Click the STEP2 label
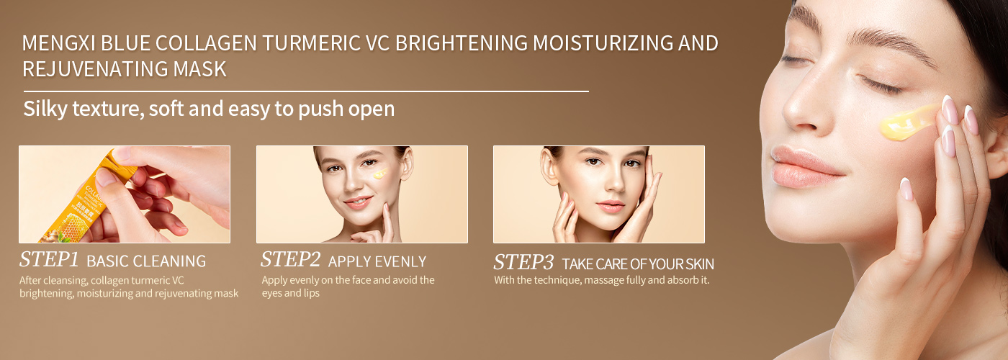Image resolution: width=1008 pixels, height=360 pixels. (x=290, y=260)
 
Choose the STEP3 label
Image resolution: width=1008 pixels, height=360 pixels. (x=523, y=262)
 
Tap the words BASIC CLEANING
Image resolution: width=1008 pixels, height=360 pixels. (x=151, y=261)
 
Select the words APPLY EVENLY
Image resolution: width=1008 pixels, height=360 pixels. (x=377, y=261)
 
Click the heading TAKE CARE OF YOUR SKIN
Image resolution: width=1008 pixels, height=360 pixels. (x=638, y=264)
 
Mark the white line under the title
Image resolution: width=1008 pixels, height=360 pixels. (x=306, y=91)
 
